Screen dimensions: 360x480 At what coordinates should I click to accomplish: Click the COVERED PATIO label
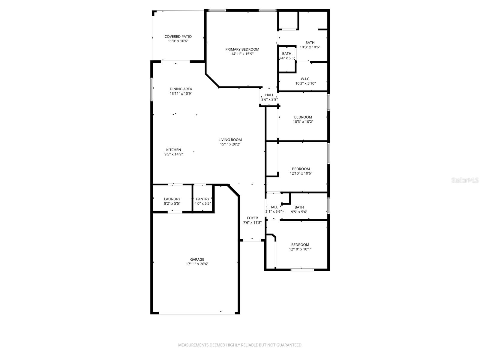[x=178, y=37]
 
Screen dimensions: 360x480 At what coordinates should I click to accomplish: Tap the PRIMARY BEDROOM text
[x=242, y=49]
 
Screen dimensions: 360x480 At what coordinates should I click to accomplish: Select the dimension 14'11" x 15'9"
[x=242, y=54]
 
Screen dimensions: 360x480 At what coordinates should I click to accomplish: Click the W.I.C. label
[x=305, y=79]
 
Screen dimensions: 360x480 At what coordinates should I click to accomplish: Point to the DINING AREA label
[x=181, y=89]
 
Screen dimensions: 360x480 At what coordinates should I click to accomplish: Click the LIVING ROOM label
[x=230, y=139]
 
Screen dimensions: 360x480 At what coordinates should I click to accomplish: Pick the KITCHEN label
[x=174, y=150]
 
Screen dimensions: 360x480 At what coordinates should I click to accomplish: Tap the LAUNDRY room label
[x=172, y=199]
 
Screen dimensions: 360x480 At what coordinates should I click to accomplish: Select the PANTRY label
[x=203, y=199]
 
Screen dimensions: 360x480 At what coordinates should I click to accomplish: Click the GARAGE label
[x=197, y=259]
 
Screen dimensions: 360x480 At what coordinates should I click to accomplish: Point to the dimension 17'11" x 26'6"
[x=197, y=264]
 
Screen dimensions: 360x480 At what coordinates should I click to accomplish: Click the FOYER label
[x=252, y=218]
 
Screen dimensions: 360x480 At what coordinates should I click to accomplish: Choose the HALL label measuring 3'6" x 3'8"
[x=269, y=95]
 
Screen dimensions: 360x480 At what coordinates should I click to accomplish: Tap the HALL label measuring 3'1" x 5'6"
[x=274, y=207]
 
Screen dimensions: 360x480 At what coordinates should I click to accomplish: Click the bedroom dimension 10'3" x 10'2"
[x=303, y=121]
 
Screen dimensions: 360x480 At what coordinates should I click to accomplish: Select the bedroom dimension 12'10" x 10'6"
[x=301, y=173]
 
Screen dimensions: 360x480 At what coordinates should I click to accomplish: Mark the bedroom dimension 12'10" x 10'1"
[x=300, y=249]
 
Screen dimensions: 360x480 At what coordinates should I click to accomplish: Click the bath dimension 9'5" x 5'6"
[x=299, y=212]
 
